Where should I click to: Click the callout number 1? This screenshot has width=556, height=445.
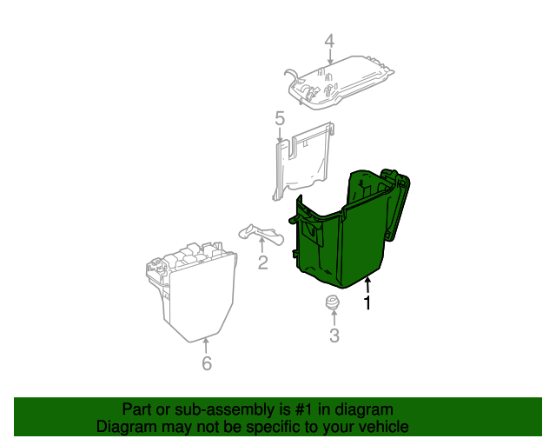click(x=367, y=303)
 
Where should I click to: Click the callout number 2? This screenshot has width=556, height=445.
click(x=262, y=262)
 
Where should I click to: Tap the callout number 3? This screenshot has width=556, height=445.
click(x=334, y=335)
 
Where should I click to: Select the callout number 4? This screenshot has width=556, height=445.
click(x=329, y=41)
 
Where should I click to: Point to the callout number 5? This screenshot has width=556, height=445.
click(x=280, y=118)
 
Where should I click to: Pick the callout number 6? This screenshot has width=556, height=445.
click(x=206, y=363)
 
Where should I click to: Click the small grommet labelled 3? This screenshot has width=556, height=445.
click(x=331, y=304)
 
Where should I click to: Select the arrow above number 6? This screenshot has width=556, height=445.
click(x=206, y=346)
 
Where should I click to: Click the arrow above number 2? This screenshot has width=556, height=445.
click(x=261, y=245)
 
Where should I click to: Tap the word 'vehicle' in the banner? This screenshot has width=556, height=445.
click(x=381, y=427)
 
